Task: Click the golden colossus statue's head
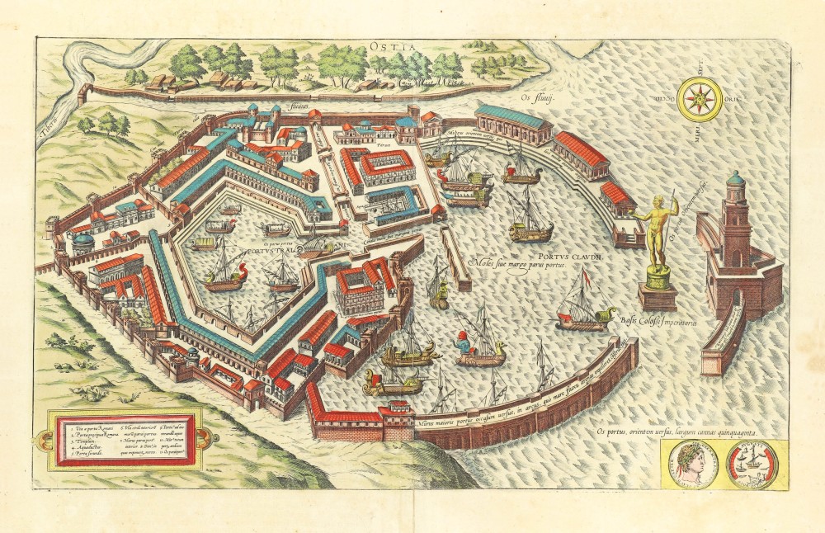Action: [659, 200]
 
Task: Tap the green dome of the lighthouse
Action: [737, 177]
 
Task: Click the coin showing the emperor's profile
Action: [691, 464]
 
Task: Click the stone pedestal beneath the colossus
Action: [658, 292]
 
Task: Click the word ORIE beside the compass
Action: [731, 98]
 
